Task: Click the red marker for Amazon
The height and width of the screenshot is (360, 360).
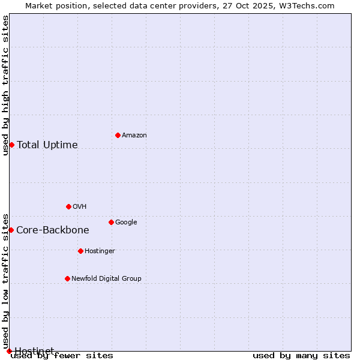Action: coord(118,135)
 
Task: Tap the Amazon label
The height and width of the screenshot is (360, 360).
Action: coord(134,136)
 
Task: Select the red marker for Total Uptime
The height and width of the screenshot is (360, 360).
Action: coord(11,145)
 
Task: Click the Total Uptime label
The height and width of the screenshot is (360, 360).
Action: coord(47,145)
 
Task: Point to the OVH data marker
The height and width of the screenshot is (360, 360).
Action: coord(68,206)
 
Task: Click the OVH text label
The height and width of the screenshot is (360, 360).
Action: coord(80,207)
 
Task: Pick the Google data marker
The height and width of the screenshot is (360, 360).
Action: coord(111,222)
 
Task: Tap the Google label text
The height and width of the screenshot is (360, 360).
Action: coord(126,223)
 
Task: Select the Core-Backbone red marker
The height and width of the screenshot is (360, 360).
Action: coord(11,230)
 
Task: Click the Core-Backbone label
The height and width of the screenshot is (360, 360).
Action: coord(53,230)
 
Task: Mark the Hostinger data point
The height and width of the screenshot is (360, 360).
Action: coord(80,251)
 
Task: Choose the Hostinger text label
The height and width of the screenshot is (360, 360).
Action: coord(100,251)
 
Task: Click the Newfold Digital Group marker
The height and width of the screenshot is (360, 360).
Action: coord(67,278)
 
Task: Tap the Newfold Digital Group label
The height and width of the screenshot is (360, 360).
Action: coord(106,279)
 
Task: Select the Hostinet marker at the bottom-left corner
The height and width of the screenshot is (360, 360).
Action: coord(9,351)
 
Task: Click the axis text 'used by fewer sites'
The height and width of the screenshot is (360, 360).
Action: coord(62,355)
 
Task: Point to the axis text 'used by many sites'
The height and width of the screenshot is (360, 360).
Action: coord(301,355)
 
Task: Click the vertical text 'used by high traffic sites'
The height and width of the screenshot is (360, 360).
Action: coord(5,85)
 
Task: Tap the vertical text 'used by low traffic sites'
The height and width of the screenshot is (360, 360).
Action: coord(5,281)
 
